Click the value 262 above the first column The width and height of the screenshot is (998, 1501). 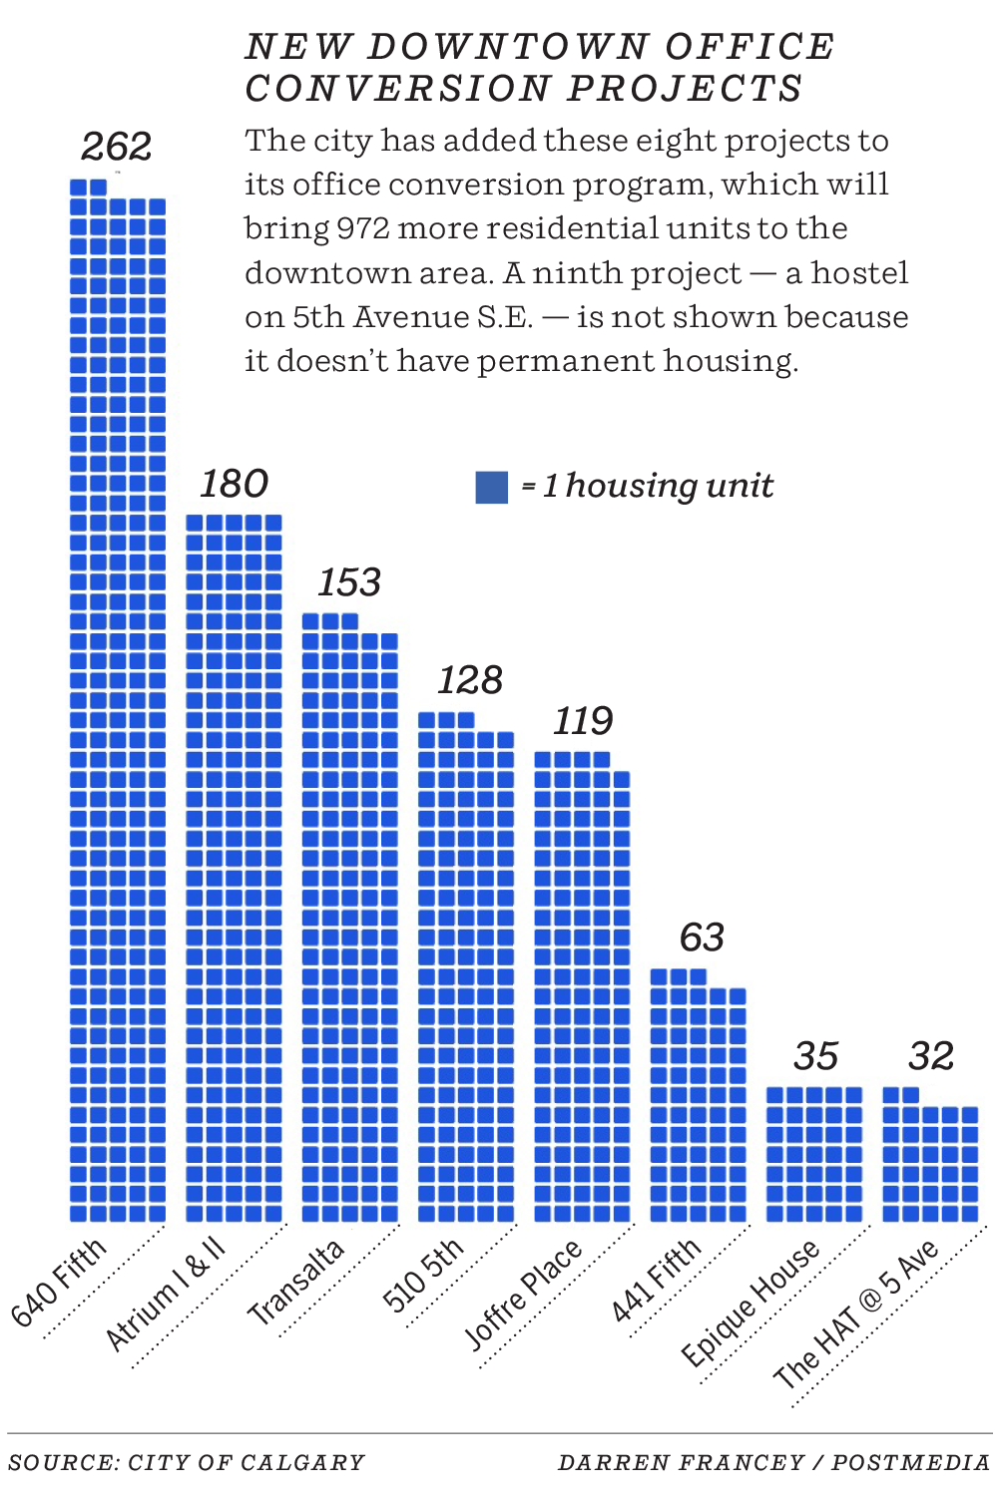[116, 147]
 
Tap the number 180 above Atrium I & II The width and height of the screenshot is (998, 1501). [234, 484]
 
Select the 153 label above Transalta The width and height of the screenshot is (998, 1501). [349, 582]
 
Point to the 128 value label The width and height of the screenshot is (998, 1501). [469, 680]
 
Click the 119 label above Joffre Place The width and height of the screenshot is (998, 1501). [583, 720]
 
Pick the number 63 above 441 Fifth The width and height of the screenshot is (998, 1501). [702, 938]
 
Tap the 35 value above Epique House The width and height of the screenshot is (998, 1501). [815, 1056]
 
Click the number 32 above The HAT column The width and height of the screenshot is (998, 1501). [931, 1056]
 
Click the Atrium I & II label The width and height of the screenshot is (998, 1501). [167, 1294]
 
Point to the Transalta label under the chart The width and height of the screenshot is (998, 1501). [296, 1282]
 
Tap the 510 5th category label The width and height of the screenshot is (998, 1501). [423, 1275]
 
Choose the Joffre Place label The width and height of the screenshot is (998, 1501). [523, 1295]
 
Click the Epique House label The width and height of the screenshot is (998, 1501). [750, 1303]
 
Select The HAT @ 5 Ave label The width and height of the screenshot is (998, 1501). [857, 1313]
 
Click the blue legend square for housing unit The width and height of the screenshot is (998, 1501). [491, 487]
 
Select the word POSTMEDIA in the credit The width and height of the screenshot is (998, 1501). [910, 1463]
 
